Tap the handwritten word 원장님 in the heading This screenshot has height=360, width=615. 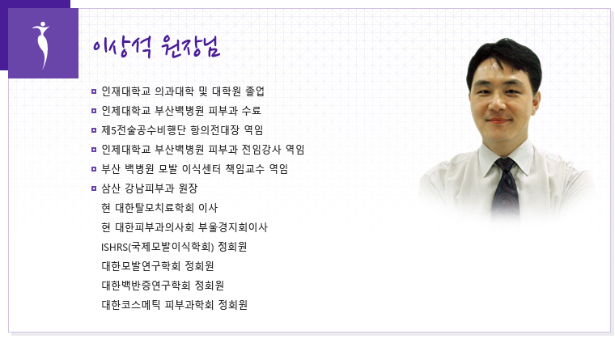190,47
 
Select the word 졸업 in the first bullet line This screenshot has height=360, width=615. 255,91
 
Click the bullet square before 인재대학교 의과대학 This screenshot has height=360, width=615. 94,91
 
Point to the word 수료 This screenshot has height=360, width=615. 252,111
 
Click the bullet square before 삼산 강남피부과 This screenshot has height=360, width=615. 94,188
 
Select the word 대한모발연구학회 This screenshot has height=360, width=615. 141,266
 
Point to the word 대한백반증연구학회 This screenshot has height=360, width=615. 146,286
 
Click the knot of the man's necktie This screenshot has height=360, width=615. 505,165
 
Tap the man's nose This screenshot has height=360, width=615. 499,103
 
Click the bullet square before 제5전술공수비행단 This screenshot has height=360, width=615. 94,130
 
